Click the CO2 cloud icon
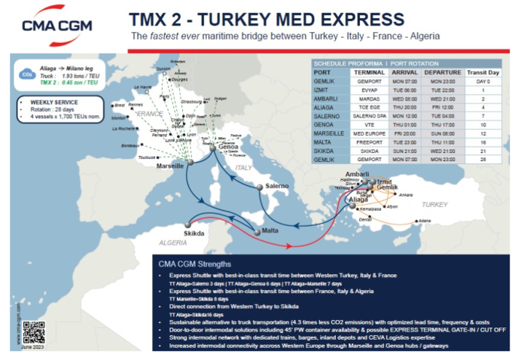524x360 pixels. click(26, 75)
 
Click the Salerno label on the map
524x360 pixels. click(276, 185)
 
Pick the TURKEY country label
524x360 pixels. click(434, 204)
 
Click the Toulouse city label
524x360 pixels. click(148, 158)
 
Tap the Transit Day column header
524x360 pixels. click(477, 72)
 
